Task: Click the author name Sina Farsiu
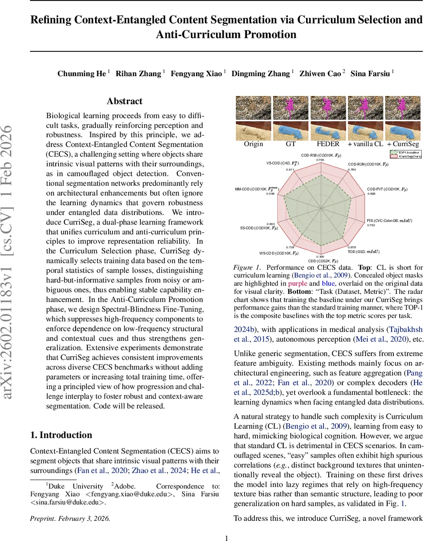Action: (x=372, y=73)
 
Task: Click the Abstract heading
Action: (x=124, y=101)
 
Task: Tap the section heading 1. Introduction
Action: (x=61, y=435)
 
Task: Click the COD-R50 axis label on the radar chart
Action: (x=320, y=155)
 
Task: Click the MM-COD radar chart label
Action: (x=257, y=189)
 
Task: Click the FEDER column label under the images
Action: (x=328, y=144)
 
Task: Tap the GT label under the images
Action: (x=290, y=144)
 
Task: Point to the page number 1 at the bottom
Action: (x=227, y=538)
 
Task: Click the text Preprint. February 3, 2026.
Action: (x=69, y=518)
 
